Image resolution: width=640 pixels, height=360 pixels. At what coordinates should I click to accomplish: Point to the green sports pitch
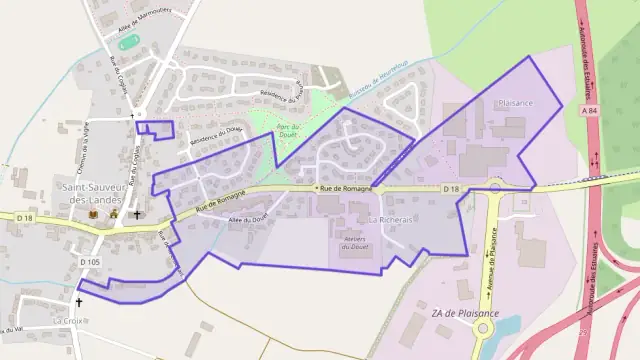tap(127, 43)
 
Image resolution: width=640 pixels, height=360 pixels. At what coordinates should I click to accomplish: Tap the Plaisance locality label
tap(515, 103)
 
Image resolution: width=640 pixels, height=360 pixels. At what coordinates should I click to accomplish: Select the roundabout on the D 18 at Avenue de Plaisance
tap(496, 186)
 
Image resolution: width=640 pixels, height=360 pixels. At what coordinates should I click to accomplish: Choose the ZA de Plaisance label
tap(465, 313)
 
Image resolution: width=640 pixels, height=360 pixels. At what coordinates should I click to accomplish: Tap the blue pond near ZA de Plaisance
tap(506, 329)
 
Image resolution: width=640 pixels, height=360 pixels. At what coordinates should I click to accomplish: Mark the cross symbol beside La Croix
tap(79, 301)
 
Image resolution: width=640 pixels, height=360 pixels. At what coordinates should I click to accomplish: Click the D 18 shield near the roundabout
tap(450, 188)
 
